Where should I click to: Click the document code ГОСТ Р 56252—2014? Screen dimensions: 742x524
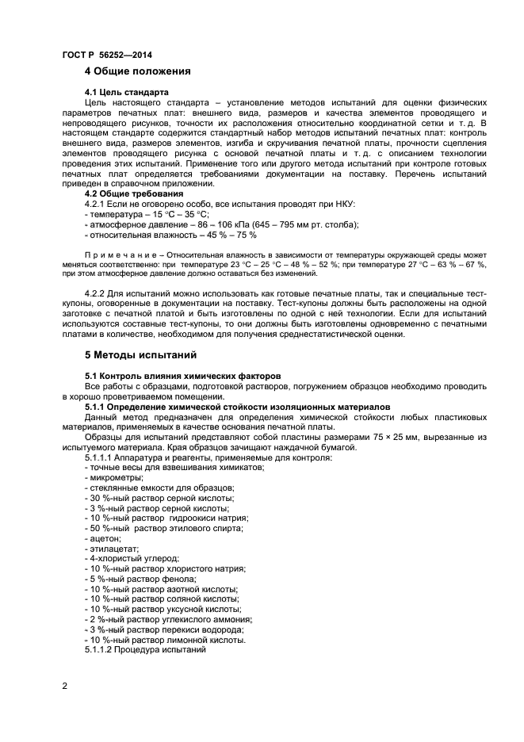point(106,55)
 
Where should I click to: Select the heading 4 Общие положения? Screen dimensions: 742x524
point(138,71)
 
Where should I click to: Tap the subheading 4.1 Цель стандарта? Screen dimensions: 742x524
point(126,92)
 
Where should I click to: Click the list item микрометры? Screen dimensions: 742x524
point(115,477)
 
